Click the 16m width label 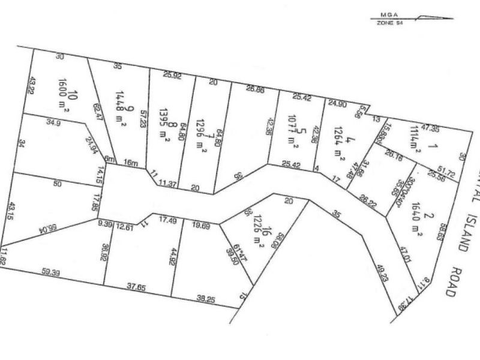(128, 163)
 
